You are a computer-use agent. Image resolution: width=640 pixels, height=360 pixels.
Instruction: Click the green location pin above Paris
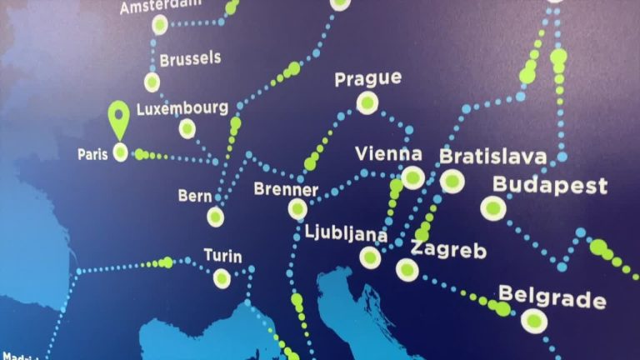click(120, 117)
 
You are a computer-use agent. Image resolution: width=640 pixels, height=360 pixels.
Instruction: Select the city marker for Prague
click(367, 102)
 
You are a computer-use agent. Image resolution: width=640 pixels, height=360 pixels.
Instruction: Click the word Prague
click(367, 79)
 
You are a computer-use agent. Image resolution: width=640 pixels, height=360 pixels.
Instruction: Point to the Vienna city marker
click(412, 177)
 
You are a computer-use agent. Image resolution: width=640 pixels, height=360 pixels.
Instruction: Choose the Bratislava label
click(492, 157)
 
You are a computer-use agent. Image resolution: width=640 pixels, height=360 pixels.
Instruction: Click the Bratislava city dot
click(452, 181)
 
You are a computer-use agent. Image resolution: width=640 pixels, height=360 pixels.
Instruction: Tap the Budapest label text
click(550, 185)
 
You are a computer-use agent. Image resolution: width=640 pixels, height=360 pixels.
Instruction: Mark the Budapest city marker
click(493, 207)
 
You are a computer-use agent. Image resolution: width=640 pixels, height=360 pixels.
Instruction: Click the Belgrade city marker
click(533, 320)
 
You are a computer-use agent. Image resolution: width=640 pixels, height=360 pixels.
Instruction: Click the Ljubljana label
click(346, 232)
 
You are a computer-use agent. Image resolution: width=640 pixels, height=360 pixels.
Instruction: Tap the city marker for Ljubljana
click(370, 257)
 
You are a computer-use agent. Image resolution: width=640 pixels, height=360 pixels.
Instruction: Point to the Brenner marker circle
click(297, 209)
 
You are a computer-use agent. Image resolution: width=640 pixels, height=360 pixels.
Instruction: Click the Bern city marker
click(216, 217)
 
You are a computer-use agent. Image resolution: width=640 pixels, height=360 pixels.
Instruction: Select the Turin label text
click(222, 256)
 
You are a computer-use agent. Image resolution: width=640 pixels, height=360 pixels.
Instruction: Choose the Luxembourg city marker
click(187, 128)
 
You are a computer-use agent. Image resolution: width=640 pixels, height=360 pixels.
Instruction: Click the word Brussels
click(190, 59)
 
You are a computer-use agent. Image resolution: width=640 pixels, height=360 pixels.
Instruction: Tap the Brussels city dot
click(152, 82)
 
